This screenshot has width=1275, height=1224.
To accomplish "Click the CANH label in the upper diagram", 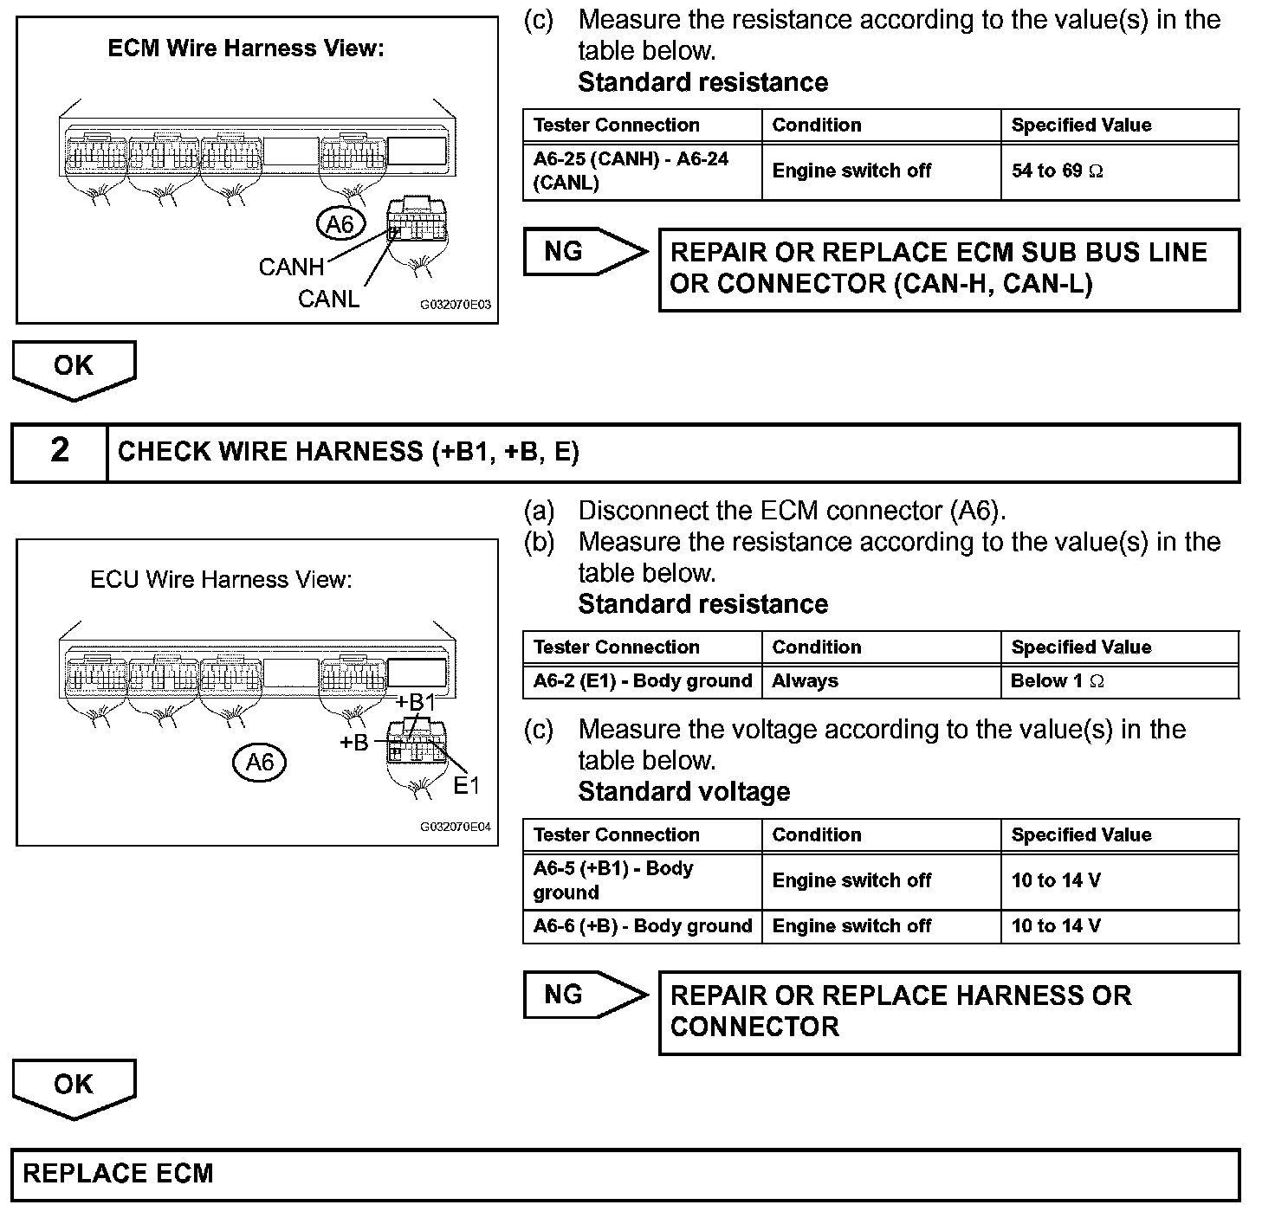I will (291, 267).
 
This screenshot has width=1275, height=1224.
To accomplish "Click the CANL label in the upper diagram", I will (328, 299).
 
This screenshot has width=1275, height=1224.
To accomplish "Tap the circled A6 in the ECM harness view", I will (340, 225).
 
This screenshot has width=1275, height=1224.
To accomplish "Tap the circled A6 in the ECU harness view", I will (259, 762).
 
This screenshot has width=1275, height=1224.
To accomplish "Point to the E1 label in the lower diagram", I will (466, 785).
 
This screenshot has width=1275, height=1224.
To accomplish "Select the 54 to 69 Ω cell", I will (1119, 171).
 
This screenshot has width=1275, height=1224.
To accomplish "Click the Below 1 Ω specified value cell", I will (1119, 681).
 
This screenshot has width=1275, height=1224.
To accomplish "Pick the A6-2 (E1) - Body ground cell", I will (642, 681).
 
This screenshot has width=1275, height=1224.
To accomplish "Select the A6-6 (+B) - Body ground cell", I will (642, 926).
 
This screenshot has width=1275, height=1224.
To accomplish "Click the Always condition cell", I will (880, 681).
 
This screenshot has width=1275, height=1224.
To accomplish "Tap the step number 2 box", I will (59, 451).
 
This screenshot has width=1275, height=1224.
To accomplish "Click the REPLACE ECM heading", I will (118, 1174).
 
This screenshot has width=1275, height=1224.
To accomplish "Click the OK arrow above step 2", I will (74, 368).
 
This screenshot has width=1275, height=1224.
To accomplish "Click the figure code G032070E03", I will (456, 306).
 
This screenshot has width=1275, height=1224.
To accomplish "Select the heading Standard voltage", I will (683, 792).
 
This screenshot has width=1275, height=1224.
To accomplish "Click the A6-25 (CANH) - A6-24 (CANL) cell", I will (642, 171).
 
